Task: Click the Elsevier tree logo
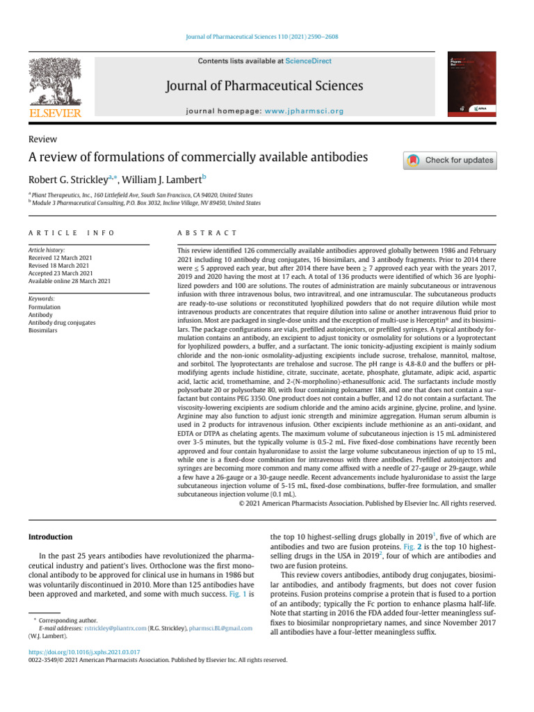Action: pos(54,81)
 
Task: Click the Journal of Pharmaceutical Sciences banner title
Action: pos(264,86)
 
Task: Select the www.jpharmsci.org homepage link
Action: pos(305,111)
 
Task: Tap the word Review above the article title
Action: pos(42,140)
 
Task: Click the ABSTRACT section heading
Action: pos(207,233)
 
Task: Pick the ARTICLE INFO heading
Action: pos(71,233)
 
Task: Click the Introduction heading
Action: pos(50,537)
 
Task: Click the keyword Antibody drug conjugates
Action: pos(62,323)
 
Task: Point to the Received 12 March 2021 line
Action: pos(60,258)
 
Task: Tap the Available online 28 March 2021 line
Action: pos(69,281)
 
